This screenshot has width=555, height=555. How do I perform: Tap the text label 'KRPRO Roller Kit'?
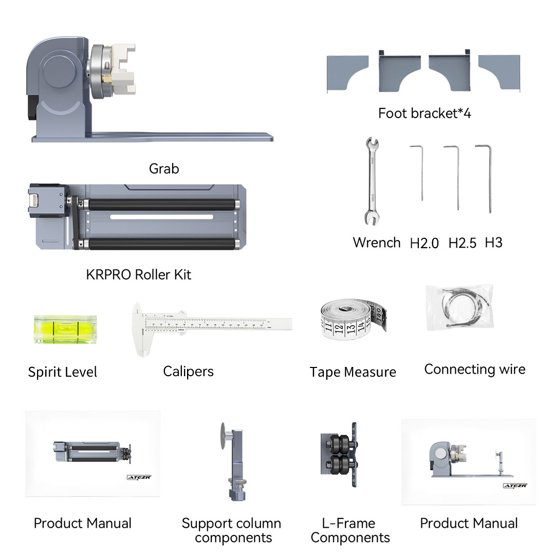click(138, 274)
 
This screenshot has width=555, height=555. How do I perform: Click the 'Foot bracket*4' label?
click(424, 113)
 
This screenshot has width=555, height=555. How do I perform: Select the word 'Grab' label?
click(164, 169)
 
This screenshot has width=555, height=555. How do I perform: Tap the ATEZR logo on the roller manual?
click(139, 477)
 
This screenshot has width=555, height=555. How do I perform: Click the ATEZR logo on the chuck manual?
click(514, 486)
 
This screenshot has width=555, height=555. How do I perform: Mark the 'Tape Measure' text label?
click(353, 372)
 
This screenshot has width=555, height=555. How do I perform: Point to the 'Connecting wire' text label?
click(474, 369)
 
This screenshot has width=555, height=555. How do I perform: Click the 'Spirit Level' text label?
click(62, 372)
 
